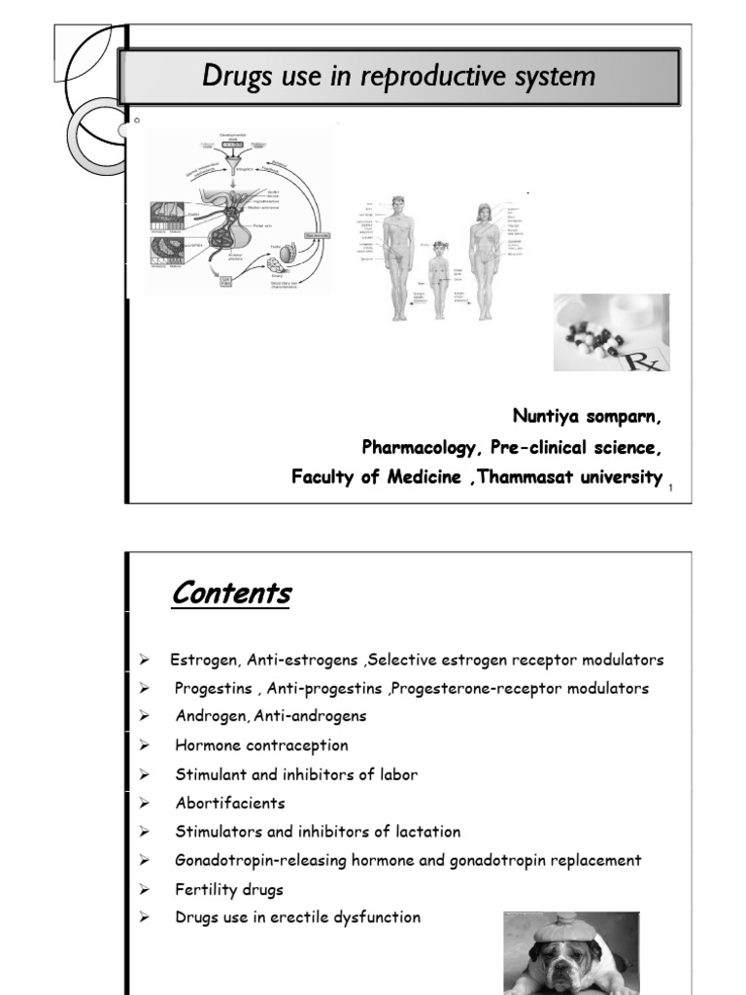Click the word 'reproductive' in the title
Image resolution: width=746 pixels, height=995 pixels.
coord(432,77)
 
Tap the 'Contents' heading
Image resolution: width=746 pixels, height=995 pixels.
coord(231,594)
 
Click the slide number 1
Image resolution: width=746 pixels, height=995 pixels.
coord(671,487)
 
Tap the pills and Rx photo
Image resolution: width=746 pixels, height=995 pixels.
coord(611,332)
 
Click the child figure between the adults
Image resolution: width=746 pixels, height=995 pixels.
coord(438,276)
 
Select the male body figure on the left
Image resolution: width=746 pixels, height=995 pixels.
coord(396,257)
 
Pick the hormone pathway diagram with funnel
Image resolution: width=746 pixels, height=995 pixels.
coord(243,210)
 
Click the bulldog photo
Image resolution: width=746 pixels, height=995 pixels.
coord(571,952)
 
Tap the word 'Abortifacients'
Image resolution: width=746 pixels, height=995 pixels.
coord(231,804)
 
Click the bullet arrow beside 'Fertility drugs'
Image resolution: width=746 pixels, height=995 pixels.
coord(143,889)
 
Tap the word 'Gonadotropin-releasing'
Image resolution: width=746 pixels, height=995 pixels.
coord(254,860)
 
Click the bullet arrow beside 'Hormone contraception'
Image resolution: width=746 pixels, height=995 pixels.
coord(143,746)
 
